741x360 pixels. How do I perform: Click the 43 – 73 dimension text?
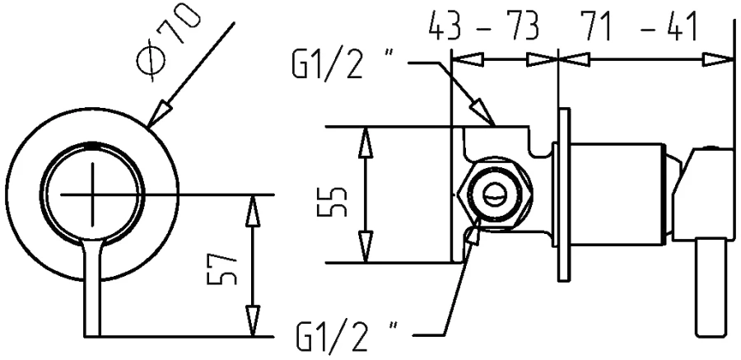pyautogui.click(x=483, y=27)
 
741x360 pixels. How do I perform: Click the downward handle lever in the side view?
pyautogui.click(x=708, y=288)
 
